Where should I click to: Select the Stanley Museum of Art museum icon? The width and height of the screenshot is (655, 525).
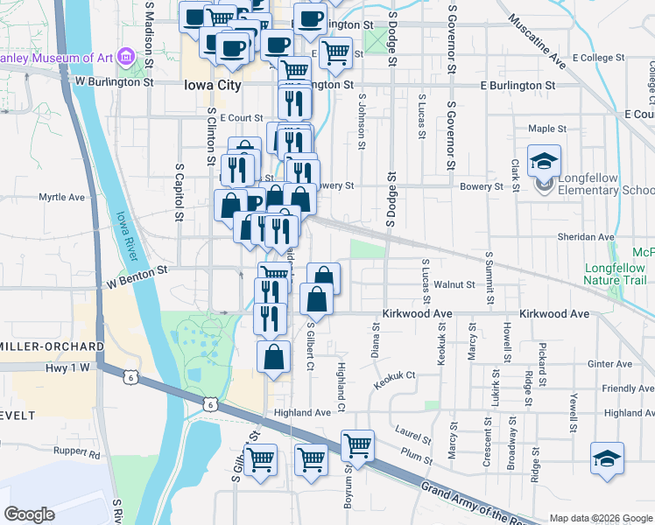click(126, 58)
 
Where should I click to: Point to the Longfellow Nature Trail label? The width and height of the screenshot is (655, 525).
click(615, 274)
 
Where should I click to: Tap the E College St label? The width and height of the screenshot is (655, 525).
click(597, 58)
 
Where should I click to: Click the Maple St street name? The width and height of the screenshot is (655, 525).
click(547, 129)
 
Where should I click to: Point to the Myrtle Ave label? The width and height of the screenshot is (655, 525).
click(61, 198)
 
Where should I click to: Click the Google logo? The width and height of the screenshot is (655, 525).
click(29, 514)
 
